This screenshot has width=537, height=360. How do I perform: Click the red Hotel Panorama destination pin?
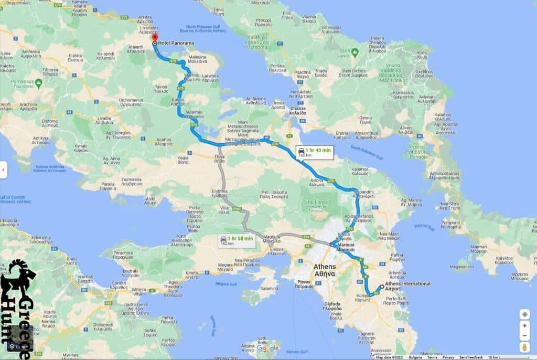coord(154,39)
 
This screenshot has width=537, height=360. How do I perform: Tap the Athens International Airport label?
coord(407,286)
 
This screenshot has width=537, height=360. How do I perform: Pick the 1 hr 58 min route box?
coord(237,240)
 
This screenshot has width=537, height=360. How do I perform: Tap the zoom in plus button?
coord(524,326)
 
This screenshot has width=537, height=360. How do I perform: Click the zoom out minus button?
coord(524,336)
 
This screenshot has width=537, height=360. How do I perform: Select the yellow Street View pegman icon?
coord(524,347)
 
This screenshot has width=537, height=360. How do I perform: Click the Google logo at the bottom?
coord(267,348)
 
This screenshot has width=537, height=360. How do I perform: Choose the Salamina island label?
coord(268,289)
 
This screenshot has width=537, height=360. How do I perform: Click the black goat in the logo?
coord(17,277)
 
